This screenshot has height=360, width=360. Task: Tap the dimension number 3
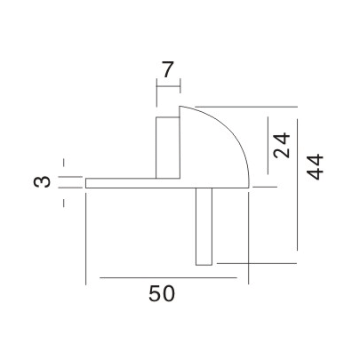pyautogui.click(x=38, y=182)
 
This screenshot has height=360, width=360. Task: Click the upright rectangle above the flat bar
pyautogui.click(x=168, y=146)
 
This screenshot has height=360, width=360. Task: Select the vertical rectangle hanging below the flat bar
pyautogui.click(x=204, y=226)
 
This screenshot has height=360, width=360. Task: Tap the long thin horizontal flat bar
pyautogui.click(x=133, y=183)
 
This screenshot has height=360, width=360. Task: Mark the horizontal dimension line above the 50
pyautogui.click(x=168, y=278)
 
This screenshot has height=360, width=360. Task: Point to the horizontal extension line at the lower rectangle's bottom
pyautogui.click(x=258, y=264)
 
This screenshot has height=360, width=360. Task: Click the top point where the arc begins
pyautogui.click(x=181, y=105)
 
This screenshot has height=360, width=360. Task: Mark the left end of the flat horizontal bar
pyautogui.click(x=86, y=183)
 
